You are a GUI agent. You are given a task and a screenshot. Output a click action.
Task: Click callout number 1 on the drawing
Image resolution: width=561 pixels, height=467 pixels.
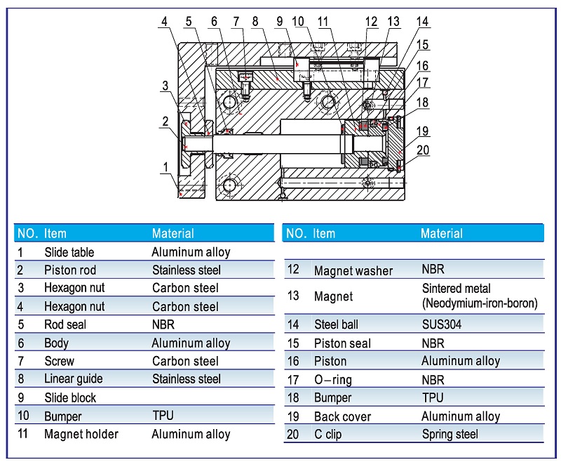(x=165, y=167)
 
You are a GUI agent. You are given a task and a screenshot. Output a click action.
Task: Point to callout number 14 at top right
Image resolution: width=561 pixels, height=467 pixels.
(x=422, y=22)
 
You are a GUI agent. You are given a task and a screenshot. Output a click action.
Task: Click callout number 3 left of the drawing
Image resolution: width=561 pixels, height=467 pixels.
(x=165, y=86)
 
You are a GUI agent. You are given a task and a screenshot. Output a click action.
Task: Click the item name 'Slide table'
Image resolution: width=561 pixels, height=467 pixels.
(x=69, y=252)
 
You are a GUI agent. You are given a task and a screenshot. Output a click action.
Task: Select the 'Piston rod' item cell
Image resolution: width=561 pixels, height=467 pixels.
(x=69, y=270)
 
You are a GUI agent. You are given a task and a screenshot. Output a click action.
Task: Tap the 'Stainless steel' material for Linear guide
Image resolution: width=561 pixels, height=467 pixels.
(x=186, y=379)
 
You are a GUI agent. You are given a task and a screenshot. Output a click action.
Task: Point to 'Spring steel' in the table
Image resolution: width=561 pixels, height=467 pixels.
(x=450, y=435)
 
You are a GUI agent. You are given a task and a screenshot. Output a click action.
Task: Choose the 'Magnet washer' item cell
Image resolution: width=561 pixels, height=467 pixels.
(x=353, y=271)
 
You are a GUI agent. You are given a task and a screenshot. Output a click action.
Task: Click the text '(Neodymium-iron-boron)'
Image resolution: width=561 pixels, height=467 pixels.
(x=480, y=303)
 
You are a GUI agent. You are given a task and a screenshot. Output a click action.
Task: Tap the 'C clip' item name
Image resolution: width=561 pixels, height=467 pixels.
(x=327, y=435)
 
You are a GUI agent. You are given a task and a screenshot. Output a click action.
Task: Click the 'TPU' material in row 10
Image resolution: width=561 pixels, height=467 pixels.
(x=163, y=416)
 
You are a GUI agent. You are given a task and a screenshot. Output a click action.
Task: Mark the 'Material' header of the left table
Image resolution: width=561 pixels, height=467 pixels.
(x=173, y=233)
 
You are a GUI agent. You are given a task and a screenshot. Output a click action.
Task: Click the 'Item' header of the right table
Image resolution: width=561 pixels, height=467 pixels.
(x=324, y=233)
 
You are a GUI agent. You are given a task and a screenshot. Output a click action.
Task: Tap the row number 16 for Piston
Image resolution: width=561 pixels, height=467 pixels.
(x=293, y=361)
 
